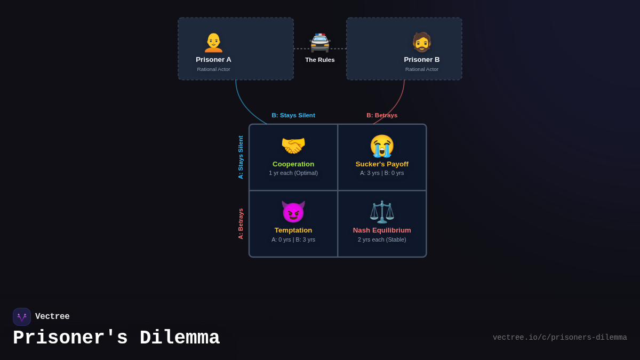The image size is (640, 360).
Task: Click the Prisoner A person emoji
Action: click(x=213, y=43)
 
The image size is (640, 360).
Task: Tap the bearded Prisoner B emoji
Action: click(x=421, y=42)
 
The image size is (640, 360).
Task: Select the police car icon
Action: click(x=320, y=43)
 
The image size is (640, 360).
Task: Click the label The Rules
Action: click(x=320, y=60)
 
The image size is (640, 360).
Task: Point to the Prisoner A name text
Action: click(x=213, y=60)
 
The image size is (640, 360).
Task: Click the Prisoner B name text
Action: click(x=422, y=60)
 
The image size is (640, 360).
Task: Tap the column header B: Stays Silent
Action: click(x=293, y=115)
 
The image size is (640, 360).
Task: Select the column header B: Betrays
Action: click(x=382, y=115)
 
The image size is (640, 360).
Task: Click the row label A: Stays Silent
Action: click(x=241, y=157)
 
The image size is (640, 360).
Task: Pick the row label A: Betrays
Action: click(x=241, y=223)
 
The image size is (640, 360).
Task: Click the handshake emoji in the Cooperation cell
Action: click(x=293, y=146)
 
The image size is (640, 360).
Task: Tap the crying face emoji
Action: click(x=382, y=146)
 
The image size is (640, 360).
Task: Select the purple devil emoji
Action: click(x=293, y=212)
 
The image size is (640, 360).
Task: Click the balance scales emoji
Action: click(x=382, y=212)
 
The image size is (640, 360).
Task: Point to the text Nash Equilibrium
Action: click(x=382, y=230)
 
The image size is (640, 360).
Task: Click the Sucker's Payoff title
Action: click(x=382, y=164)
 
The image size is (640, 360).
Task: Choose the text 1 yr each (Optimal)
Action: click(x=293, y=173)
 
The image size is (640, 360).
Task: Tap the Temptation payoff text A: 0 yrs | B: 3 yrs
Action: click(x=293, y=239)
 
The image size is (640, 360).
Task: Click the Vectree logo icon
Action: click(x=22, y=317)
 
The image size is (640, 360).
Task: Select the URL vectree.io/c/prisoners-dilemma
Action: click(x=559, y=338)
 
